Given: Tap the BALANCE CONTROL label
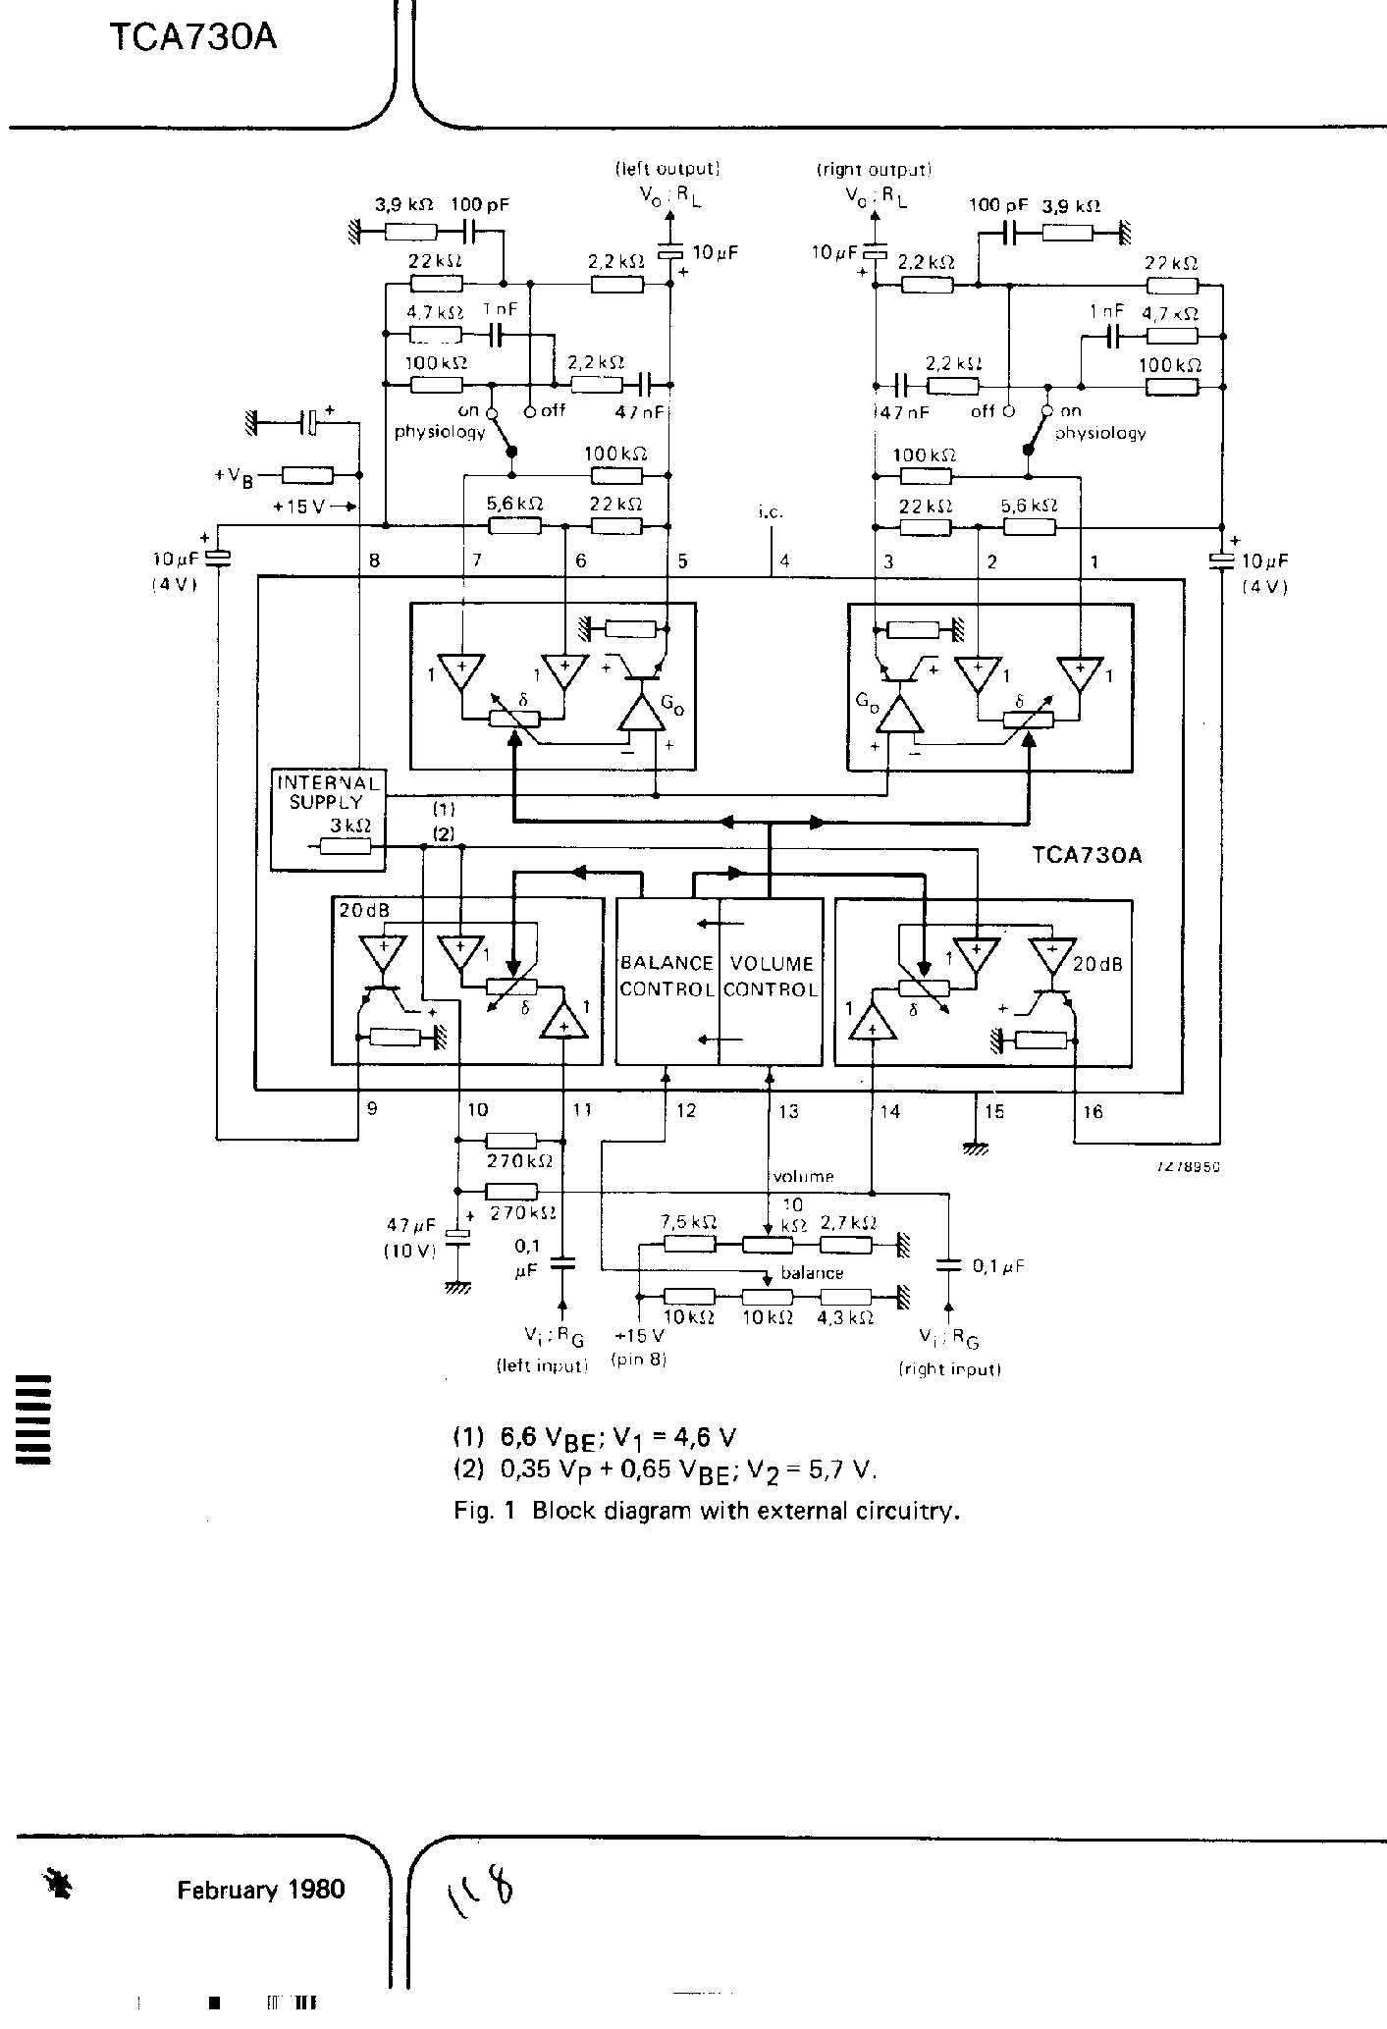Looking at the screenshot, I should pyautogui.click(x=667, y=976).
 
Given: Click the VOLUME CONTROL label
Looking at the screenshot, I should pyautogui.click(x=772, y=976).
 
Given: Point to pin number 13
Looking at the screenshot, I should pyautogui.click(x=788, y=1111).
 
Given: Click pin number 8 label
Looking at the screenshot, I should pyautogui.click(x=373, y=561).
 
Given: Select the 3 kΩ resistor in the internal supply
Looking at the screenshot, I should pyautogui.click(x=346, y=847).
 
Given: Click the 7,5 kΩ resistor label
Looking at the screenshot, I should pyautogui.click(x=689, y=1222).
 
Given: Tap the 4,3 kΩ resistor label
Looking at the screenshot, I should pyautogui.click(x=845, y=1318).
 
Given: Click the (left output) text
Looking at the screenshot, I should pyautogui.click(x=668, y=169).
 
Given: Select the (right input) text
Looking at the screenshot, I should pyautogui.click(x=949, y=1368).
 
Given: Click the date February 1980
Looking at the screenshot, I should pyautogui.click(x=261, y=1889).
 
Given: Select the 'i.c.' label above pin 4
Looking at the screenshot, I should pyautogui.click(x=771, y=511).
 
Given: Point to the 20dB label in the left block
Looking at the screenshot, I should pyautogui.click(x=364, y=910).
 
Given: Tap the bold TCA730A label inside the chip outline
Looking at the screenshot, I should pyautogui.click(x=1087, y=854).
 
